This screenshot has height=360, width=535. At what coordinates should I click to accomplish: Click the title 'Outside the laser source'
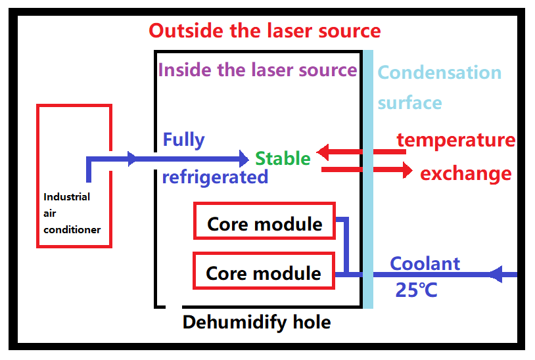point(264,30)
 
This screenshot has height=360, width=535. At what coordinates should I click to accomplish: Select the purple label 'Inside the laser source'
point(258,70)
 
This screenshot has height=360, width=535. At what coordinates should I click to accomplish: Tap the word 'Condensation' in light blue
point(440,72)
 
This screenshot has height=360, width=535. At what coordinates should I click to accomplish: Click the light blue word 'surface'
point(409,102)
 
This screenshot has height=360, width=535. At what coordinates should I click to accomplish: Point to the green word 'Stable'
point(283,158)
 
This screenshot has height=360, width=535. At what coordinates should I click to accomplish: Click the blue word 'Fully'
point(183,140)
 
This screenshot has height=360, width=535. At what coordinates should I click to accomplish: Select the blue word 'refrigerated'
point(215,177)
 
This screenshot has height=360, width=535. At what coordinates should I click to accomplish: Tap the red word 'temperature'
point(456,140)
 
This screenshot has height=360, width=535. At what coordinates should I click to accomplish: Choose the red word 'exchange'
point(465,173)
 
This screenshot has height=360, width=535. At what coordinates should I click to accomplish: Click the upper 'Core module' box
point(264,221)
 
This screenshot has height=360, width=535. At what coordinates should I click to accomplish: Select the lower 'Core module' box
point(264,271)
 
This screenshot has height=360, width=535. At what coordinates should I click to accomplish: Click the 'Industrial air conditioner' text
point(72,213)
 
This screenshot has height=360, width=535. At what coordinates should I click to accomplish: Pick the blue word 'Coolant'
point(425,263)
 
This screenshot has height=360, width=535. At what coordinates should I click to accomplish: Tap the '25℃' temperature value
point(416,290)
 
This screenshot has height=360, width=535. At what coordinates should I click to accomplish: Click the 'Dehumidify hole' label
point(256,322)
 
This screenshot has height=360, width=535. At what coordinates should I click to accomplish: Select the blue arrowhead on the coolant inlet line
point(499,274)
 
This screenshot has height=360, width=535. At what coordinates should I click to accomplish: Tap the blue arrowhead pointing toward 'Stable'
point(245,158)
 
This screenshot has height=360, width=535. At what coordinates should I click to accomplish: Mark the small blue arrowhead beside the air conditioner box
point(133,158)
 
